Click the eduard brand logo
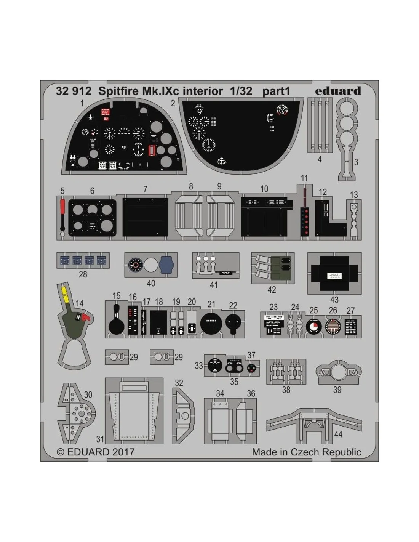tap(338, 91)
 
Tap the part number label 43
tap(334, 300)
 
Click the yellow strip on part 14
tap(65, 294)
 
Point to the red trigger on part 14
tap(86, 317)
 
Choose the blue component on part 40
tap(166, 265)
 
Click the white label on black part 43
tap(334, 276)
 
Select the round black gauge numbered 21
tap(211, 323)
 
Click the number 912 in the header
tap(82, 91)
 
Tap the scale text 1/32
tap(241, 91)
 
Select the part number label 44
tap(338, 434)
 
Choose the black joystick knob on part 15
tap(117, 326)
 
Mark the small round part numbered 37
tap(251, 368)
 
